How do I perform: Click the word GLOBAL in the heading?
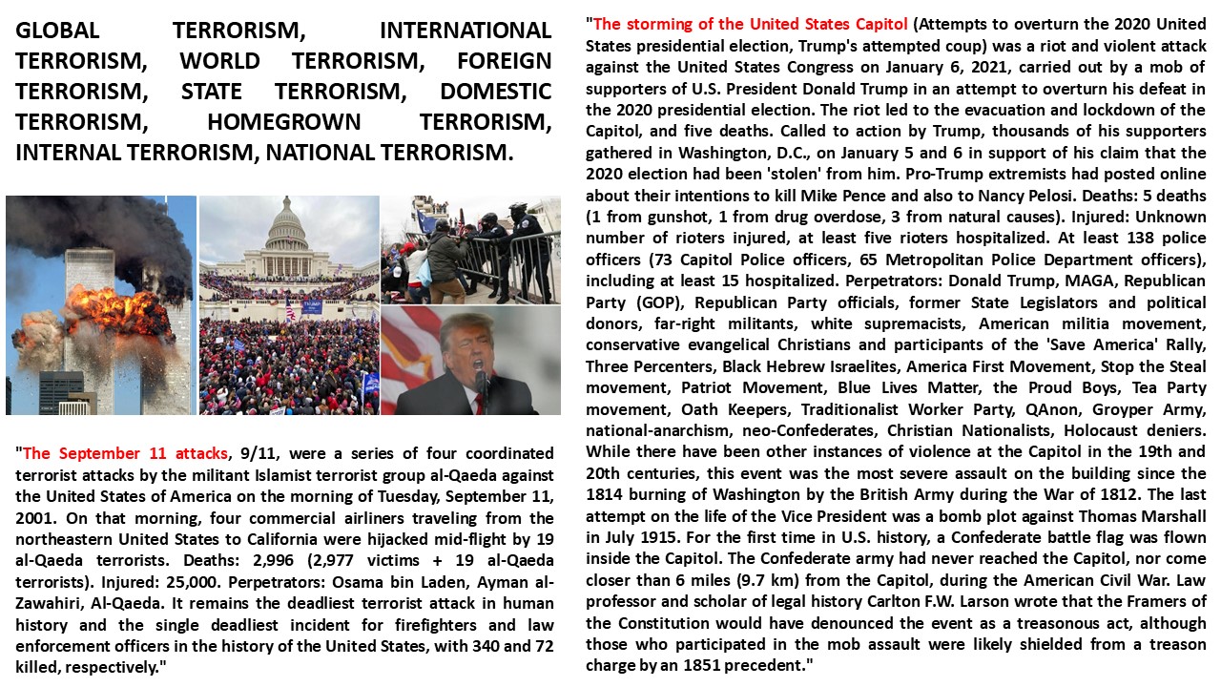(x=63, y=31)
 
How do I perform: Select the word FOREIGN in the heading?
(x=504, y=62)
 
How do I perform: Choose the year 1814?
(x=606, y=494)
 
